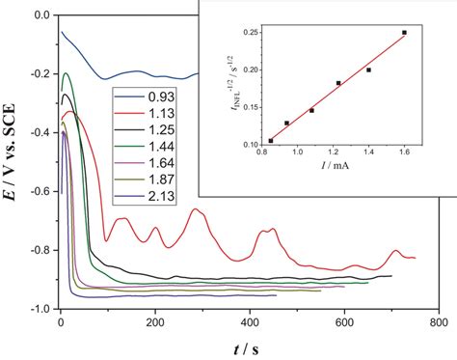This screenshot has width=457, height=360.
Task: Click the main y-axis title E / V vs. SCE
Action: (13, 164)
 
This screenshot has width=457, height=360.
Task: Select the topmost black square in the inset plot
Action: (404, 33)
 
